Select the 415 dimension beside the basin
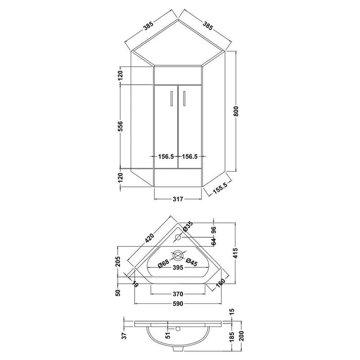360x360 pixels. tap(237, 253)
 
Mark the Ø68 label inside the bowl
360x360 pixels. tap(164, 264)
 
